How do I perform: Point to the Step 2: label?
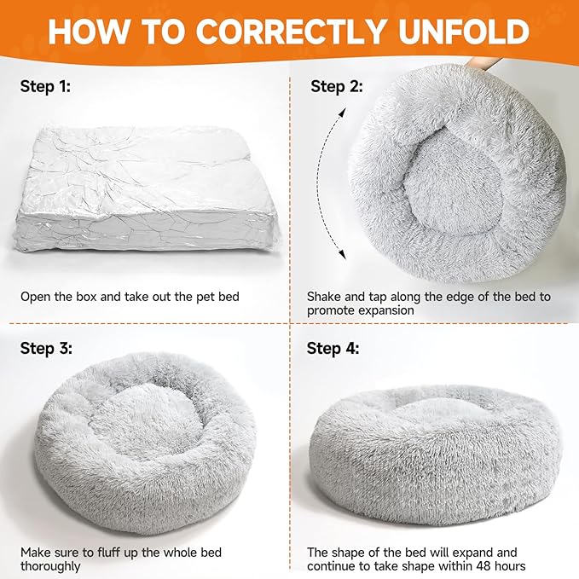point(336,87)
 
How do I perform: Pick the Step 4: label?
point(333,349)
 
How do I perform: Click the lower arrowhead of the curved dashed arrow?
point(343,253)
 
